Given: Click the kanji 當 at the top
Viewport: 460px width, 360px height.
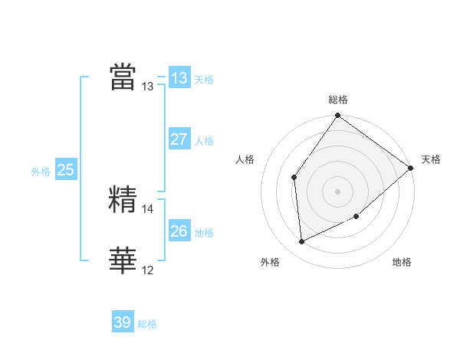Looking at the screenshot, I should pos(123,77).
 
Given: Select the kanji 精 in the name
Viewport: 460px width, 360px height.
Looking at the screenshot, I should pos(123,199).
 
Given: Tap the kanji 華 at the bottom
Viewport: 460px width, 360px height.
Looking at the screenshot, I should pos(123,261).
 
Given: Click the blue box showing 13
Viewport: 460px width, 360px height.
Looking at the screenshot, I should pos(179,78).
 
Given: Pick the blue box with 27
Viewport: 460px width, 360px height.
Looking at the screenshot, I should pos(179,139).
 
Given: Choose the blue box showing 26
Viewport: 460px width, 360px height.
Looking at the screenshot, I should pos(179,231).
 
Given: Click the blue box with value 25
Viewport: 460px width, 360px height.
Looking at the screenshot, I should pos(66,170).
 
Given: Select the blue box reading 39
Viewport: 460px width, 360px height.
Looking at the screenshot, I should pos(123,322).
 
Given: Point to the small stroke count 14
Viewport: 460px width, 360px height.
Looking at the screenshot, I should pos(148,208).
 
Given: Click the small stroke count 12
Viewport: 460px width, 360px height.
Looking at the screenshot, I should pos(148,270).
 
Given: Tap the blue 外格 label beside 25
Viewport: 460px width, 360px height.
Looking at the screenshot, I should pos(41,172).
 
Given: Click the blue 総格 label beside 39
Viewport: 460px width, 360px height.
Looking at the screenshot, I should pos(147,325).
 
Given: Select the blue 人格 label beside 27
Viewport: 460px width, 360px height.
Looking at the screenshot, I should pos(204,142).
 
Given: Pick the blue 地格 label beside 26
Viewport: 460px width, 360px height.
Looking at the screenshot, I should pos(204,233).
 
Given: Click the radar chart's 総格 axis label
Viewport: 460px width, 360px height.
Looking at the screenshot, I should pos(338,100).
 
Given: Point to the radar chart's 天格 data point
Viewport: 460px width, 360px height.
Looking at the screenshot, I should pos(411,168).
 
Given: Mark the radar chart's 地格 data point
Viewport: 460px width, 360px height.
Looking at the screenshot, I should pos(357,217).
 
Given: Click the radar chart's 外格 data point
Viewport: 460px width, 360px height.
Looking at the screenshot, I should pos(302,241).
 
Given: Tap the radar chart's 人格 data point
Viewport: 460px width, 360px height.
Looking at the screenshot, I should pos(294,178).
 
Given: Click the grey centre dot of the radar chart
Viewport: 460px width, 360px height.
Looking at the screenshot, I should pos(337,191).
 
